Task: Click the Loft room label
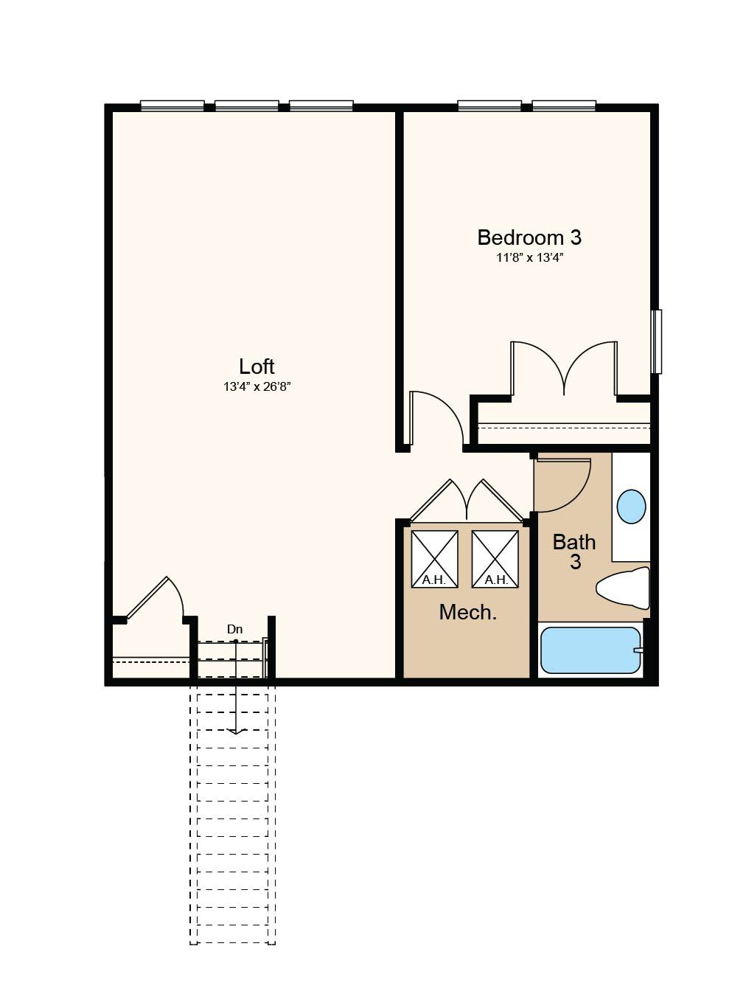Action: tap(257, 366)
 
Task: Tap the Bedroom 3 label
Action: tap(529, 237)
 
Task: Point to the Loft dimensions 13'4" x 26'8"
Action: tap(257, 386)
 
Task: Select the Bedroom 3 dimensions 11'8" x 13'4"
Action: tap(529, 258)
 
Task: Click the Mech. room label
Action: tap(467, 612)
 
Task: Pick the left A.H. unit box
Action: tap(434, 559)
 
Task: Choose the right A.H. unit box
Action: tap(495, 559)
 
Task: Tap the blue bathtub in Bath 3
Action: tap(591, 650)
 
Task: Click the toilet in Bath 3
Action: tap(623, 588)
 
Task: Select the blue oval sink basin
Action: tap(631, 507)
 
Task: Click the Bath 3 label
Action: tap(574, 552)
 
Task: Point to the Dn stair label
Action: tap(235, 630)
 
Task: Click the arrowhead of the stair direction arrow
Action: tap(235, 731)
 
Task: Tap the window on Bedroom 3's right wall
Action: tap(656, 341)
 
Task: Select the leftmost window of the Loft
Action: tap(172, 106)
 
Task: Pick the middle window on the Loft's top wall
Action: tap(247, 106)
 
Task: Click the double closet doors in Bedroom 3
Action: tap(564, 368)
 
